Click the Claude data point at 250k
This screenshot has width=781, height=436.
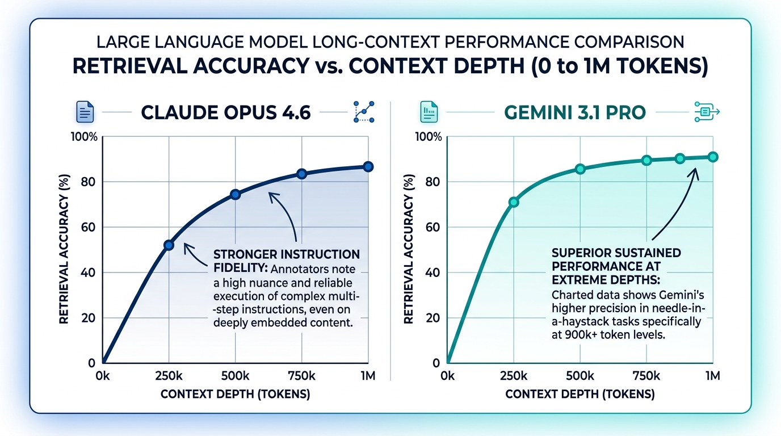169,245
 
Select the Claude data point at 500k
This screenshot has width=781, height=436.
236,195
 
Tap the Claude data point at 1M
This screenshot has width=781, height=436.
368,166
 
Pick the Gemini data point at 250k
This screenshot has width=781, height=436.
514,202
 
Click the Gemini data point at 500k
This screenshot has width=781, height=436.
580,169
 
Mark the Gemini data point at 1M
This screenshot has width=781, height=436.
713,157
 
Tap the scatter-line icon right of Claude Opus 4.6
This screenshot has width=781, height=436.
363,112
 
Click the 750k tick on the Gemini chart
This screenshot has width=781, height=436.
646,375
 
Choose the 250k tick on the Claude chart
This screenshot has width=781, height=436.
169,375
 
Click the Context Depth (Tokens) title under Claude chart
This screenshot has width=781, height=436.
235,395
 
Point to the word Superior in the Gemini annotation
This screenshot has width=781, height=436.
579,252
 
